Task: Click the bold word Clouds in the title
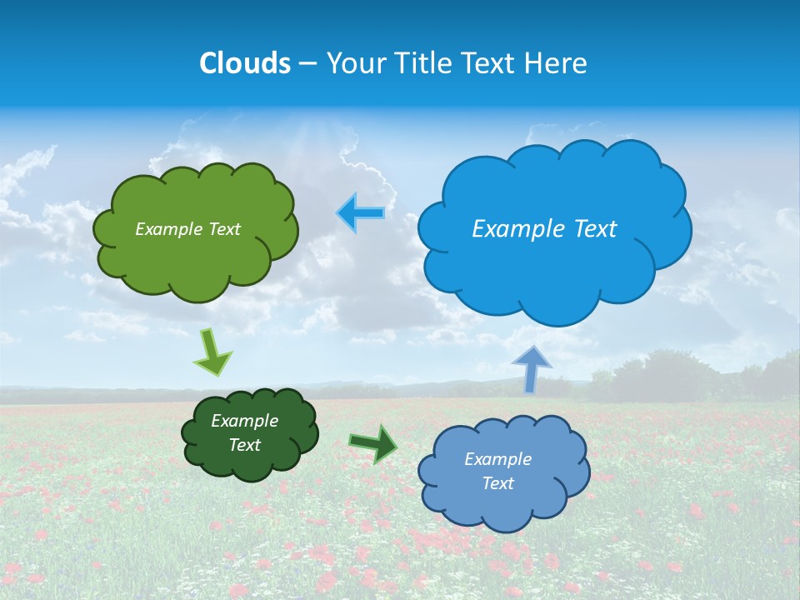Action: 244,63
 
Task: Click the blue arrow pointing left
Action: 361,212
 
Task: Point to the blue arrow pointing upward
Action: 531,367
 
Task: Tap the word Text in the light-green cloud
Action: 223,229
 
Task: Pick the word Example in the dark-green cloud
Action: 244,421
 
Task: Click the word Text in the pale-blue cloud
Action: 497,483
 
